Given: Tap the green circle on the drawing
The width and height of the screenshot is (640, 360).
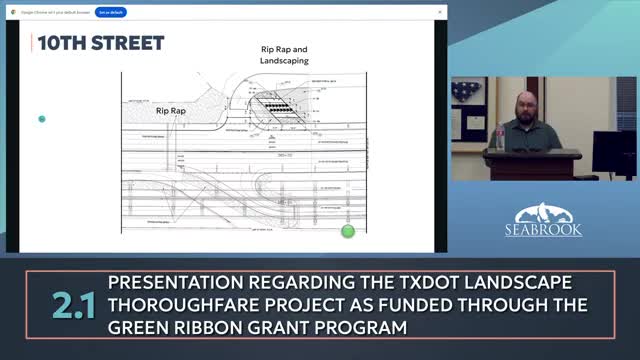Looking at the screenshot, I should point(348,231).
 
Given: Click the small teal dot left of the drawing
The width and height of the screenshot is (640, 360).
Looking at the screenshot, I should point(42,119).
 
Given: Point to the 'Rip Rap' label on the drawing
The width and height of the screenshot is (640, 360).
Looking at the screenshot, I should point(171,111).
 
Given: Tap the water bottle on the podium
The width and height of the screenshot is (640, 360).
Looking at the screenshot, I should point(499,137).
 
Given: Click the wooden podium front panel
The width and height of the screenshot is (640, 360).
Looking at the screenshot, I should point(534,166).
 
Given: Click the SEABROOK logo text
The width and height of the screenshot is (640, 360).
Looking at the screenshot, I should point(549,228).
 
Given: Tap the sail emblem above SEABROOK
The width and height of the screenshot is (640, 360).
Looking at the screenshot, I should point(548,211).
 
